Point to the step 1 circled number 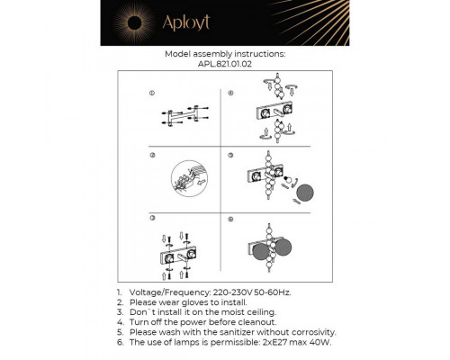[151, 93]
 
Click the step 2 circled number [151, 156]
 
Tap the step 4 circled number [230, 93]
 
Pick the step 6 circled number [230, 219]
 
